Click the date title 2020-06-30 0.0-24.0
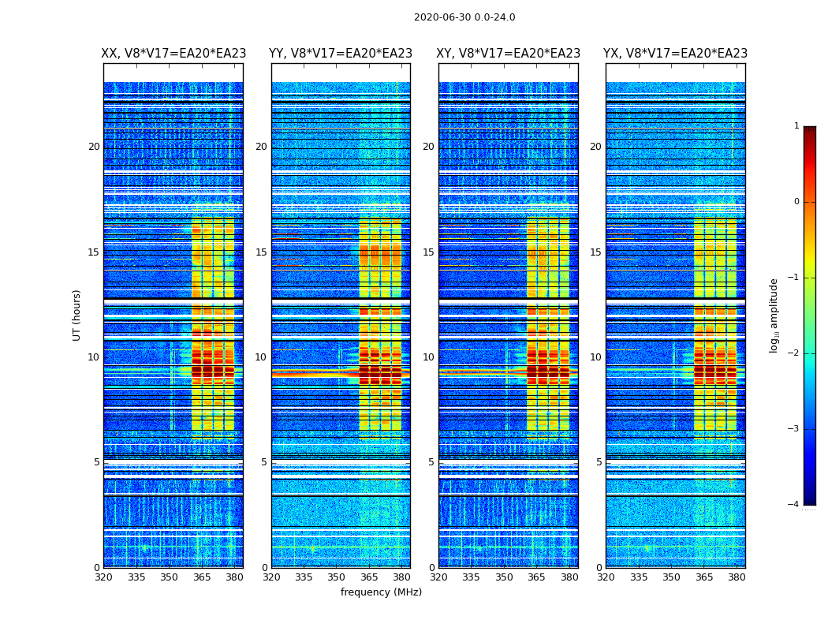click(464, 17)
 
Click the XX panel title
click(173, 54)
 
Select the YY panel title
click(341, 54)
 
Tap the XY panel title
click(509, 54)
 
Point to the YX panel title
click(676, 54)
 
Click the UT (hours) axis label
click(77, 315)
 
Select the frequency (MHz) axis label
click(381, 592)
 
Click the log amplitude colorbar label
click(774, 315)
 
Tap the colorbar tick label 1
click(796, 126)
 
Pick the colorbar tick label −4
click(795, 505)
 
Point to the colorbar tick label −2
click(795, 353)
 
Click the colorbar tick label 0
click(796, 202)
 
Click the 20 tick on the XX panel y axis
click(94, 147)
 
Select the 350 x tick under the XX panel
click(169, 577)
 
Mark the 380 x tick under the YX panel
click(737, 577)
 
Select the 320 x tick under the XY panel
click(439, 577)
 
